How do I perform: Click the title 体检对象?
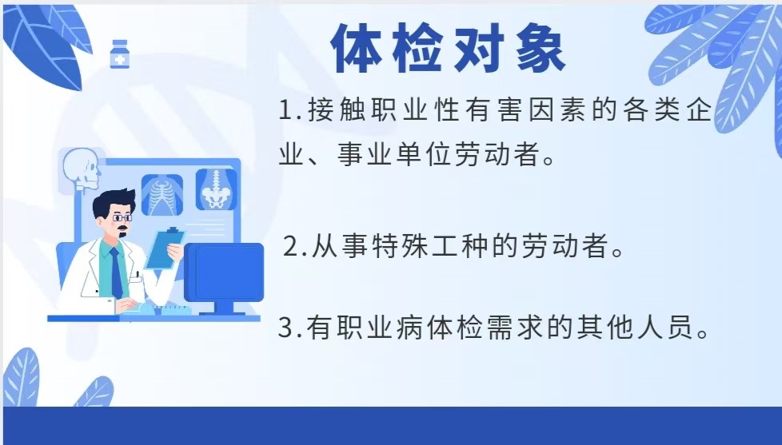pos(449,49)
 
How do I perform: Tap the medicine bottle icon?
pos(120,54)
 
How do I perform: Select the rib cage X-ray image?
pos(162,195)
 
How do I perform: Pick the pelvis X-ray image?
pos(216,189)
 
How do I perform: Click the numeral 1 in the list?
pos(286,110)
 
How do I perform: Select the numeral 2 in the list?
pos(291,247)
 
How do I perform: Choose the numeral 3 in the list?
pos(285,328)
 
